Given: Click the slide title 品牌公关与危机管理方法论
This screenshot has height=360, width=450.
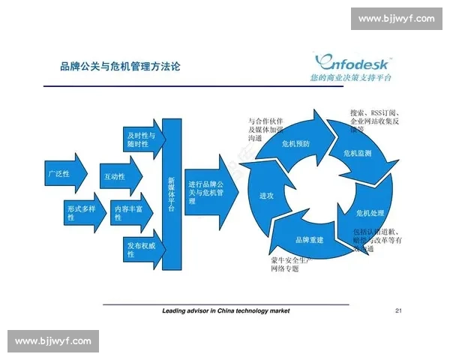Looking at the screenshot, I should click(120, 67).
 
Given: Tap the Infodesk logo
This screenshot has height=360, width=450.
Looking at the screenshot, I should click(353, 59).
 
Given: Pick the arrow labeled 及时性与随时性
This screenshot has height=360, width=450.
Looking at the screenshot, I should click(142, 139).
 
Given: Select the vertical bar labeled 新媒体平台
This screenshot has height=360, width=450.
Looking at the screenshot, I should click(172, 194).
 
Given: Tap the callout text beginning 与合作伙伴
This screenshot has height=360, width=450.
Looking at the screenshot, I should click(265, 129).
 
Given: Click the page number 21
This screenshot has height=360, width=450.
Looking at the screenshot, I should click(399, 310).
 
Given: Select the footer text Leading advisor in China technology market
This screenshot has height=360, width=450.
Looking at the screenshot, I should click(226, 310).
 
